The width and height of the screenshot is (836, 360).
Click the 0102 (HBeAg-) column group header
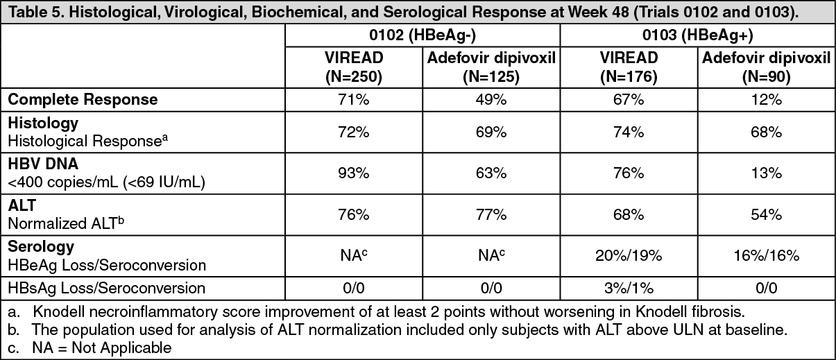click(423, 35)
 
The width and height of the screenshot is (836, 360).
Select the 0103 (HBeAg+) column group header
click(697, 35)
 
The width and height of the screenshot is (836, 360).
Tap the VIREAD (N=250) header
click(354, 67)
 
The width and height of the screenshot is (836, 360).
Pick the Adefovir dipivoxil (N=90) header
click(766, 67)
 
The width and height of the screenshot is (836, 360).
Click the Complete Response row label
click(83, 100)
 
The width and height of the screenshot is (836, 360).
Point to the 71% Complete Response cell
click(354, 100)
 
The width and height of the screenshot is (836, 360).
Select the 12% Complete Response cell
click(766, 100)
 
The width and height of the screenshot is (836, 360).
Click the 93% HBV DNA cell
click(354, 173)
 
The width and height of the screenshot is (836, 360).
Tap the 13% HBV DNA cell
click(766, 173)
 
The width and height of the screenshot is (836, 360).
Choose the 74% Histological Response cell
click(629, 132)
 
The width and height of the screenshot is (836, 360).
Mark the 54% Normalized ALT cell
click(766, 214)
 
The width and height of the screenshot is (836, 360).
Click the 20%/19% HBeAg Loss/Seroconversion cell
click(629, 255)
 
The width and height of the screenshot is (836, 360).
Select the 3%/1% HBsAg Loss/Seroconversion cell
click(629, 288)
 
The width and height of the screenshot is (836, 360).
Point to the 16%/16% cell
click(766, 255)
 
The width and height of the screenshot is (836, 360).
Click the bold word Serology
click(41, 247)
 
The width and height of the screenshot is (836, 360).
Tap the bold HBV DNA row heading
click(43, 164)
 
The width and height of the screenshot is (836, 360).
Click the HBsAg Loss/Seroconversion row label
click(107, 288)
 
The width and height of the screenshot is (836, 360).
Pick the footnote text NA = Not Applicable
click(102, 348)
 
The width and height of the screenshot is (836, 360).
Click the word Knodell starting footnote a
click(56, 312)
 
